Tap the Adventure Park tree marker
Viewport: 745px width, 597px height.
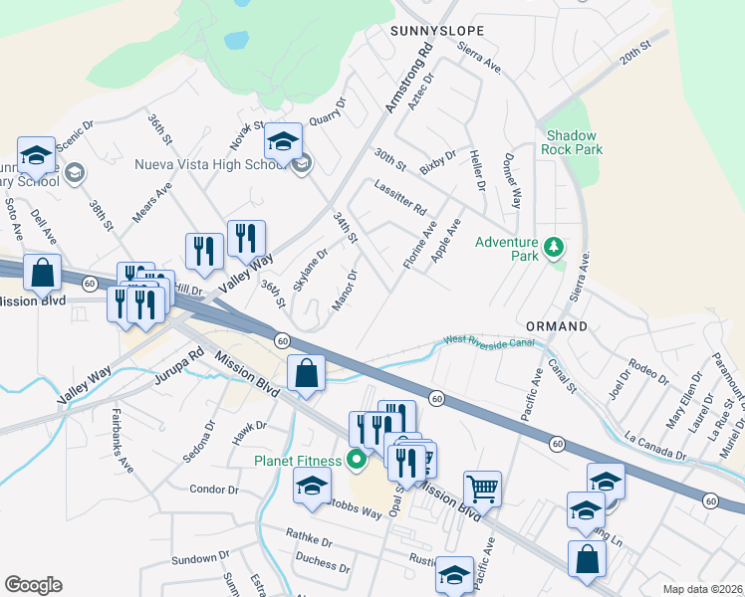[552, 246]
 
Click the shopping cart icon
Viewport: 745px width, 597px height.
[482, 489]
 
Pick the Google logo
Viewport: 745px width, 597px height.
[33, 585]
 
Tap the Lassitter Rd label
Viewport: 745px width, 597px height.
[400, 198]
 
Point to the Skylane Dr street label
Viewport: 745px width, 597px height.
[309, 266]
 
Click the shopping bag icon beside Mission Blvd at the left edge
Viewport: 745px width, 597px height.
[43, 272]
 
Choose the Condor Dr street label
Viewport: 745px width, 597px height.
[214, 490]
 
